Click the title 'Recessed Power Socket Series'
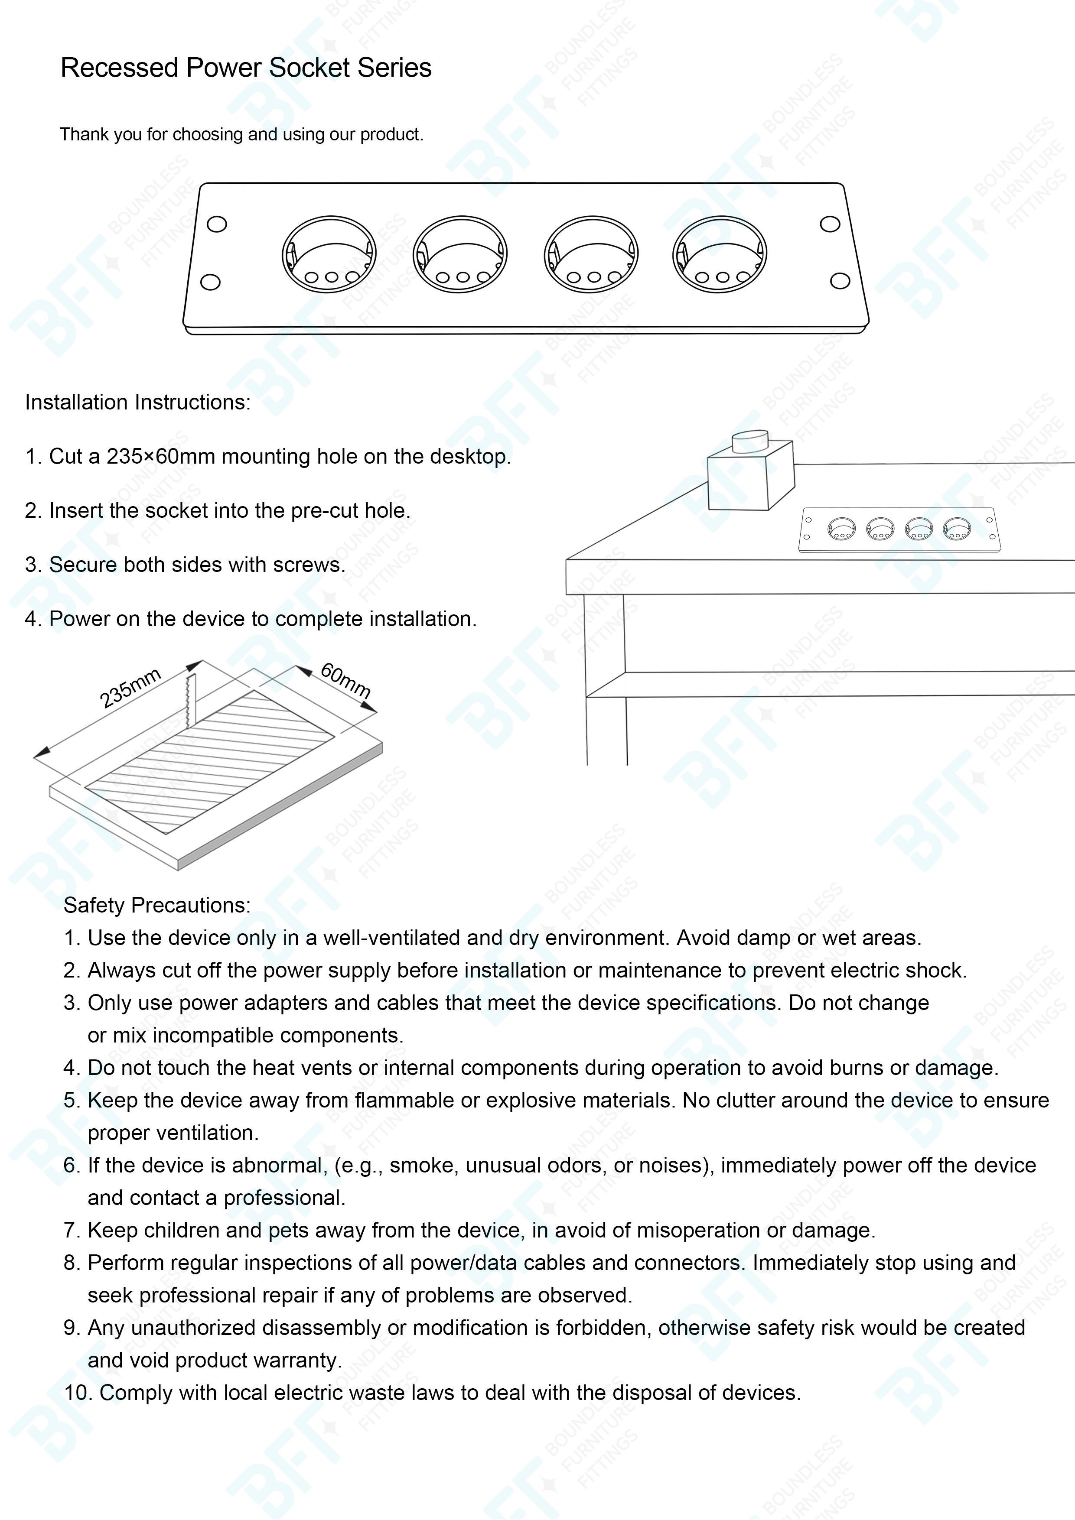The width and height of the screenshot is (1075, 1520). click(246, 68)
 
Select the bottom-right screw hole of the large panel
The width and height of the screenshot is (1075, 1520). click(840, 281)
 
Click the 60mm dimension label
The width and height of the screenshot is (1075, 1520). click(345, 680)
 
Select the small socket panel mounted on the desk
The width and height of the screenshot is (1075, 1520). click(899, 529)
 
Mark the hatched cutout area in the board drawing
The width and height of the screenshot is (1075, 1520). click(211, 761)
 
